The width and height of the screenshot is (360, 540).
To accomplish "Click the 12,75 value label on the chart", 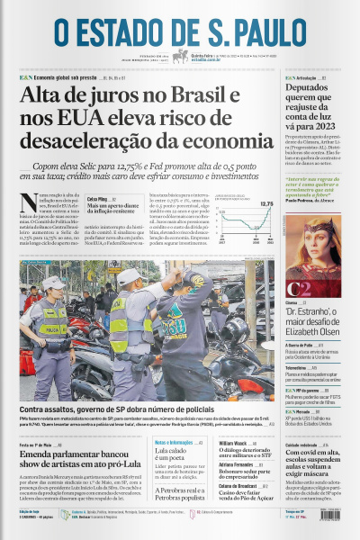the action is click(x=266, y=205).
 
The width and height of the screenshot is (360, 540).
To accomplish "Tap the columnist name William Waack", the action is click(x=233, y=444).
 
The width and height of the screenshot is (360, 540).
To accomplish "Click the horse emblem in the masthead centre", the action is click(x=181, y=55).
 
